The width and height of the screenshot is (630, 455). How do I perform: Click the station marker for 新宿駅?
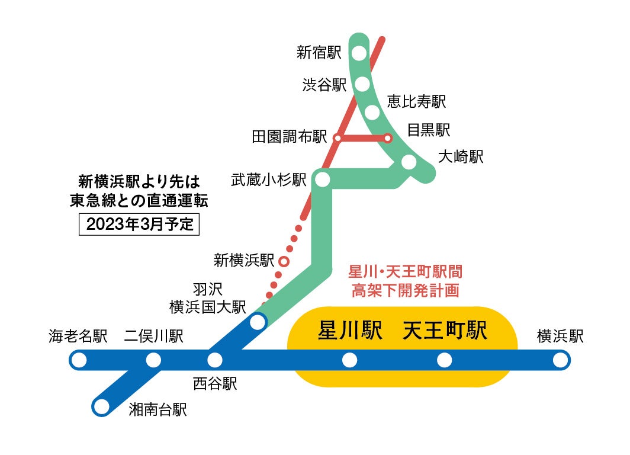tap(359, 53)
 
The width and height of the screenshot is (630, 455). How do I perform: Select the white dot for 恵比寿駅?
tap(372, 112)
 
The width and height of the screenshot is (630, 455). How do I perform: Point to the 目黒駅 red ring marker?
tap(388, 139)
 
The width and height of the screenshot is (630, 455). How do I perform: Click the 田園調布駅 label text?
tap(290, 137)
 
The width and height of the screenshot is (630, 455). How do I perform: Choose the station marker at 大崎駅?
tap(409, 162)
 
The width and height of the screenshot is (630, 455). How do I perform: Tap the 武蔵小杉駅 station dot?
tap(323, 180)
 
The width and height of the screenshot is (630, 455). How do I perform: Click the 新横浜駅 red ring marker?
tap(284, 261)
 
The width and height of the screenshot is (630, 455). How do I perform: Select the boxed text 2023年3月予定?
tap(140, 225)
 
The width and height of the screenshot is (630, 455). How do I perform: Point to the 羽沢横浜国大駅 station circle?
tap(258, 322)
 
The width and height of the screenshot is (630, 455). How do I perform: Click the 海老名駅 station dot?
tap(78, 360)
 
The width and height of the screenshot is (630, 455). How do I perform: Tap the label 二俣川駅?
tap(153, 337)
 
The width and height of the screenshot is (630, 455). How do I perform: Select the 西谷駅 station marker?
tap(215, 360)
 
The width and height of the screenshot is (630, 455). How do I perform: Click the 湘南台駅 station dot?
tap(102, 406)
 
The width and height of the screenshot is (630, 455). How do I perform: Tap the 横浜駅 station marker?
tap(560, 360)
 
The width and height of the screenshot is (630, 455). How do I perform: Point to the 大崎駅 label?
tap(461, 157)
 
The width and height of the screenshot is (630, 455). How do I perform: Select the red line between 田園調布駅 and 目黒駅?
tap(362, 139)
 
